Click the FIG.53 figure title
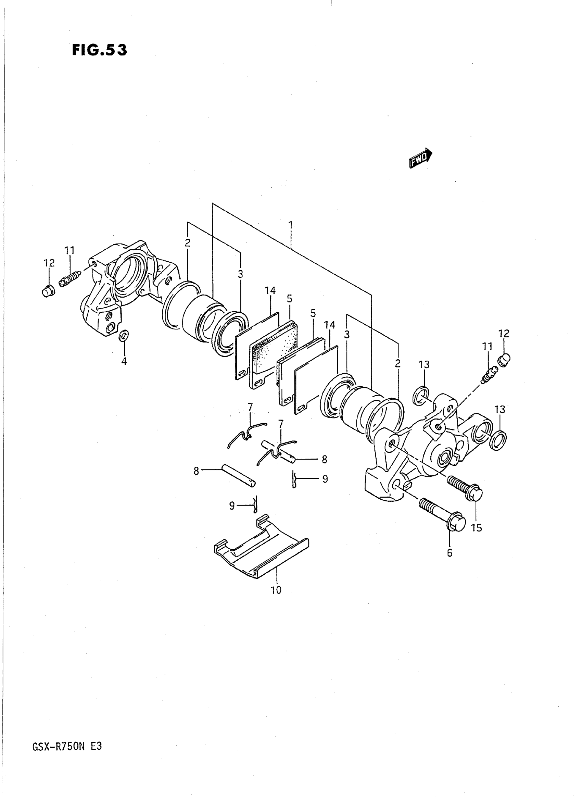pos(99,50)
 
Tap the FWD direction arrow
pos(420,158)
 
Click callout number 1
pos(291,225)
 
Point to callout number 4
pos(124,362)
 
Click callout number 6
pos(450,553)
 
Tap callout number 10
pos(276,590)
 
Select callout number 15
pos(476,527)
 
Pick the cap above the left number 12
pos(48,291)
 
